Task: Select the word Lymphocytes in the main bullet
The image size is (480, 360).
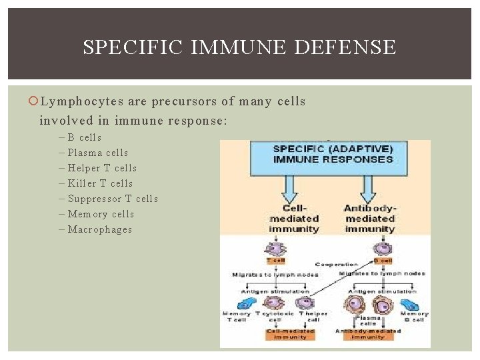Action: pos(78,101)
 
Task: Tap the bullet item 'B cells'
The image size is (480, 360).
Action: pos(85,137)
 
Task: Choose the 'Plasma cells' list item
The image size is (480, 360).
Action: pos(97,153)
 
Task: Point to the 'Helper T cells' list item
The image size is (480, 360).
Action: pos(102,168)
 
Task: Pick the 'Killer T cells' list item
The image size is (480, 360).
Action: pos(100,183)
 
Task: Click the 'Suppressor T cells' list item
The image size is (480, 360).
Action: pos(113,199)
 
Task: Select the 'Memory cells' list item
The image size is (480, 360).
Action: pos(101,214)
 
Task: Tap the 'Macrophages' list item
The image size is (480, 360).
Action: pos(99,229)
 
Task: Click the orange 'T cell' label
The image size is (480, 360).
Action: pos(276,261)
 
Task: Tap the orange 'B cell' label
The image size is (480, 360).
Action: pos(385,261)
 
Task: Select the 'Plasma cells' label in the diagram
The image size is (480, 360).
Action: pos(368,321)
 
